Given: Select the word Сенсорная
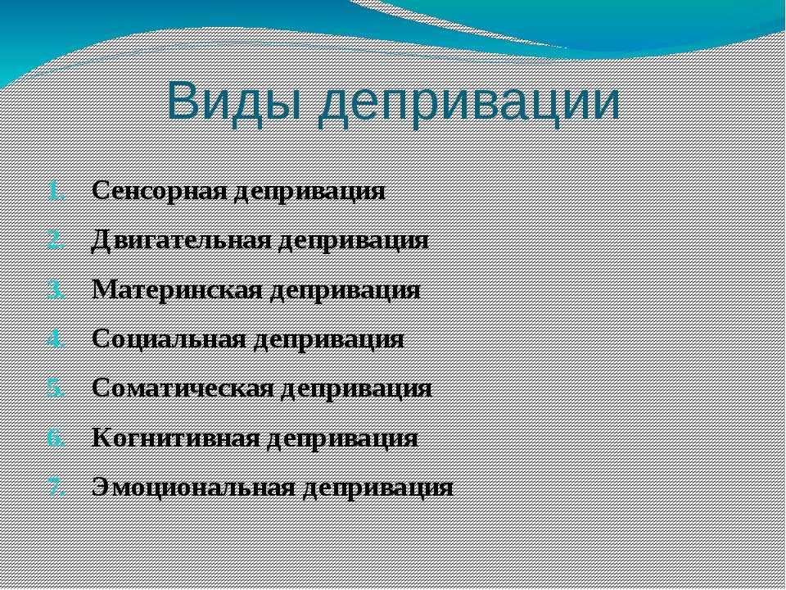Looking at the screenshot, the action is coord(160,191).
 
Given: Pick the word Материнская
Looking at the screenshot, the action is coord(178,290).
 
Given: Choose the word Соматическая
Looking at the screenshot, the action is coord(183,388).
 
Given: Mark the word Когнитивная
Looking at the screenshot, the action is coord(176,438).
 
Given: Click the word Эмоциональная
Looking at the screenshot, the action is coord(193,487).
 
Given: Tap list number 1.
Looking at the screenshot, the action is coord(56,192).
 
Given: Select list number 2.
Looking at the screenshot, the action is coord(56,241).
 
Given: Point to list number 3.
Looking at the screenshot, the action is coord(56,291).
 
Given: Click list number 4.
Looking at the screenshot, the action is coord(56,340).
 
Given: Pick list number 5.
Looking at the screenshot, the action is coord(56,389).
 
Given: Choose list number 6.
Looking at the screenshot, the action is coord(56,439).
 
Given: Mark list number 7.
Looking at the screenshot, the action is coord(56,488).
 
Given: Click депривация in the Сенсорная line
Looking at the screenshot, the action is coord(310,193).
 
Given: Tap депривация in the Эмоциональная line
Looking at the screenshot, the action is coord(378,488).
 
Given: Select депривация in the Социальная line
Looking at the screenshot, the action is coord(329,341).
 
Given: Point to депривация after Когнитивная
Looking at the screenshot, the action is coord(343,439).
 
